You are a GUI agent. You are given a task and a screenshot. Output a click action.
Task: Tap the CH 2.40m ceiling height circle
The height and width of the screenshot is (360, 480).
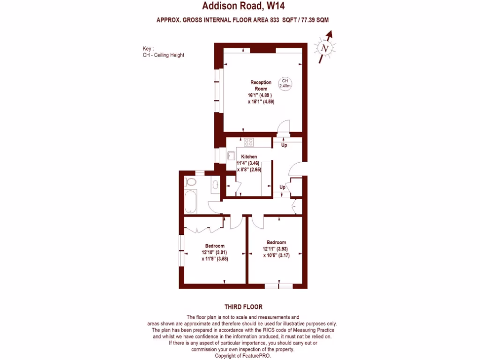(x=285, y=83)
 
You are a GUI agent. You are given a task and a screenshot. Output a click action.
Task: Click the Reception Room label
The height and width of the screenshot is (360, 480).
(x=260, y=85)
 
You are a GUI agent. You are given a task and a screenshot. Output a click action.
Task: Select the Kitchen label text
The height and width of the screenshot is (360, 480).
(x=249, y=157)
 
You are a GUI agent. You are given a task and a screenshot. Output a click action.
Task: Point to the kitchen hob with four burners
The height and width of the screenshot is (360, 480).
(x=249, y=142)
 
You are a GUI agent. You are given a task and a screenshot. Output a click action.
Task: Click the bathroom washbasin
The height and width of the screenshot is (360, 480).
(x=215, y=185)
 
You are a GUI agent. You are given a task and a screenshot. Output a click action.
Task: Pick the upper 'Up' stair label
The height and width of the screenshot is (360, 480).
(x=284, y=145)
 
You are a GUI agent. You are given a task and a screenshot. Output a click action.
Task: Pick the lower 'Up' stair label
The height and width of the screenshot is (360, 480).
(x=282, y=187)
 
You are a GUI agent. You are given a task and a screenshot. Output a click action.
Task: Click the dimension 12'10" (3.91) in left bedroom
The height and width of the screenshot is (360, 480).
(x=214, y=252)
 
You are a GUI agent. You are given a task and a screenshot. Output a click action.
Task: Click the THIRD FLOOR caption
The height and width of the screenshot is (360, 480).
(x=243, y=307)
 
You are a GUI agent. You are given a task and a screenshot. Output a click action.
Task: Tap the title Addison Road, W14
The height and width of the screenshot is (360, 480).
(x=243, y=6)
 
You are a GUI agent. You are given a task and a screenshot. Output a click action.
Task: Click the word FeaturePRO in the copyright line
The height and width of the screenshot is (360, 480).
(x=257, y=356)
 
